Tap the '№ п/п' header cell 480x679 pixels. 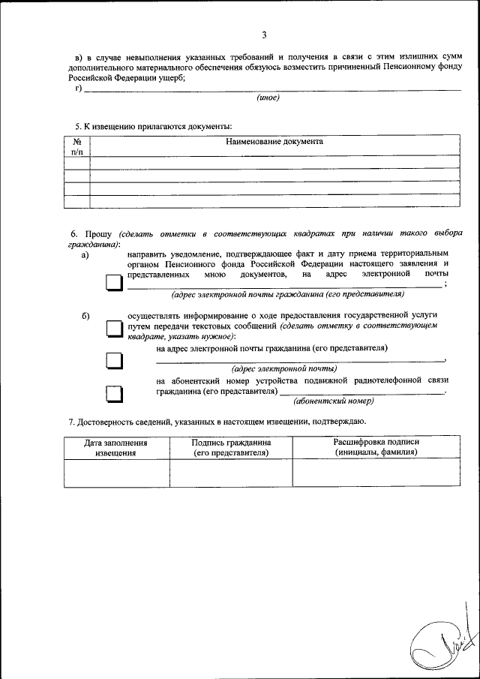[76, 146]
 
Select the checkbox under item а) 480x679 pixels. [113, 284]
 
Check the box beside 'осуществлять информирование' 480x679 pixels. [113, 329]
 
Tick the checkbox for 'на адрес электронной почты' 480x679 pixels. [113, 361]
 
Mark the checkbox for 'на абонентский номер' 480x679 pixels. [113, 394]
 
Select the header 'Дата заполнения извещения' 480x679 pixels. [116, 448]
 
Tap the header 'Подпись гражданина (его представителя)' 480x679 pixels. [231, 448]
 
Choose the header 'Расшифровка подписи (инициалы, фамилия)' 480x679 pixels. [376, 447]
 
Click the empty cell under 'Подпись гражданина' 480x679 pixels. [231, 473]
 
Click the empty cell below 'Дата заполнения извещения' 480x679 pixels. [116, 473]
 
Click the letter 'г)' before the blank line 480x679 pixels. [78, 88]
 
